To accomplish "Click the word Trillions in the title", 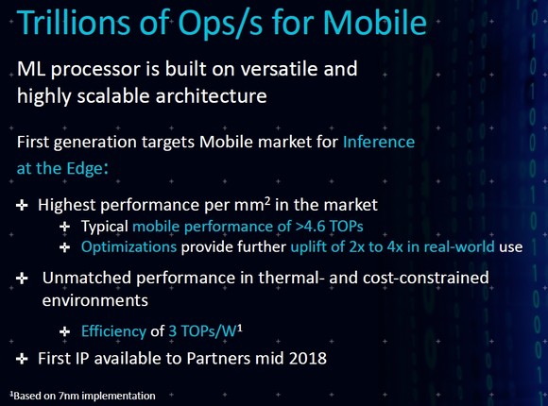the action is [74, 23].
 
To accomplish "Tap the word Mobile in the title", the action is [374, 23].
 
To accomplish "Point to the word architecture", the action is [211, 95].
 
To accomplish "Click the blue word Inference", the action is [379, 142].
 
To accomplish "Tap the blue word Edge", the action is [84, 169].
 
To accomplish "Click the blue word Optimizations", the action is [128, 247].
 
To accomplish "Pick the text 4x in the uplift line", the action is [395, 247].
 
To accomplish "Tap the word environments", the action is [95, 300].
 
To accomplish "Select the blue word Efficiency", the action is [113, 331].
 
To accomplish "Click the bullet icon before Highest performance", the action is [22, 205].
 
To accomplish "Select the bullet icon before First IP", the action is [22, 359].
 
